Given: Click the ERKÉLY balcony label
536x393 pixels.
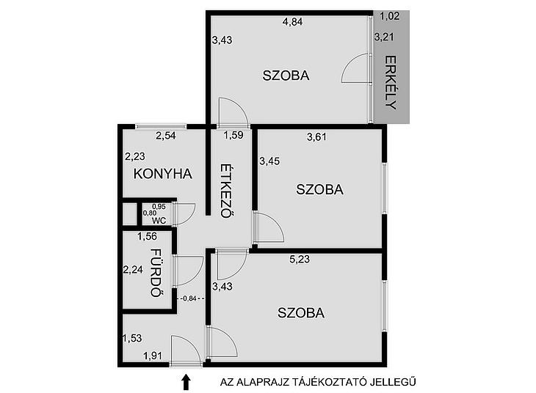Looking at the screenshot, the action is point(391,82).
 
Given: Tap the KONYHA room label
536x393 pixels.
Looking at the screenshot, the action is point(163,174).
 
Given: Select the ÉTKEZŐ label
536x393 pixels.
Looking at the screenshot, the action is point(227,191).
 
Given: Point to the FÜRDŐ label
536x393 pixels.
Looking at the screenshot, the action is point(156,273).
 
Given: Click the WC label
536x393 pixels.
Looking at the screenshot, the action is point(159,221).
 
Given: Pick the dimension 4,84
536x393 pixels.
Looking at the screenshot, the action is point(293,22).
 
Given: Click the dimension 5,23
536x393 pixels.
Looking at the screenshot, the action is point(300,259).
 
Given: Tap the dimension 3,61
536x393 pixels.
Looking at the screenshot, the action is point(317,137).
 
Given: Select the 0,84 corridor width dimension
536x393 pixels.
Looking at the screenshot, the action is point(190,298).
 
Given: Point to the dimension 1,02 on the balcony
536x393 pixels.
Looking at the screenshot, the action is point(390,16).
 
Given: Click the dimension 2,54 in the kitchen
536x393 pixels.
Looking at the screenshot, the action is point(166,136).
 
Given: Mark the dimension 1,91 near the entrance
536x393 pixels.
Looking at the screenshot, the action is point(153,356).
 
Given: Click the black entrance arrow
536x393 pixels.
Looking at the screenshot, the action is point(186,382).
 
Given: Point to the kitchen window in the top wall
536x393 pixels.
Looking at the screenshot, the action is point(161,127).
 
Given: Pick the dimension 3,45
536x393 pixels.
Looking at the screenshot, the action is point(269,161).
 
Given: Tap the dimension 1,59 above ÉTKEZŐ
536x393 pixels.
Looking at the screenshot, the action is point(233,135).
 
